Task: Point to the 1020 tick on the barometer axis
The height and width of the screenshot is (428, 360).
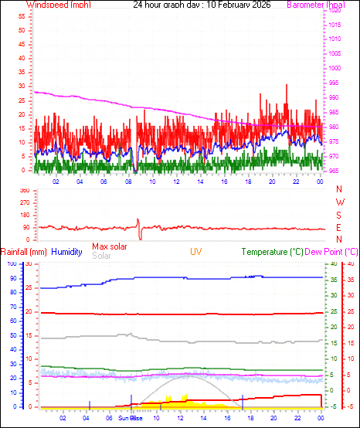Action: pos(335,10)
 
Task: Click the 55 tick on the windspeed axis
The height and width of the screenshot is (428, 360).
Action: pos(22,16)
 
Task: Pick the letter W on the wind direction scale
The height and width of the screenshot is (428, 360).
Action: pos(339,202)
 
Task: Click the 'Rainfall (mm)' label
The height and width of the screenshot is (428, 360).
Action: pos(24,252)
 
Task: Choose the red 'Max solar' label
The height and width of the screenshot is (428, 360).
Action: pos(110,246)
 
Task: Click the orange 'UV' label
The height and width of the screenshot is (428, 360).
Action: pos(196,252)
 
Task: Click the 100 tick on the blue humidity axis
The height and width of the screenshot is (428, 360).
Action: pos(11,263)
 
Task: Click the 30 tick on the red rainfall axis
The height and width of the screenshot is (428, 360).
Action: pos(29,263)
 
